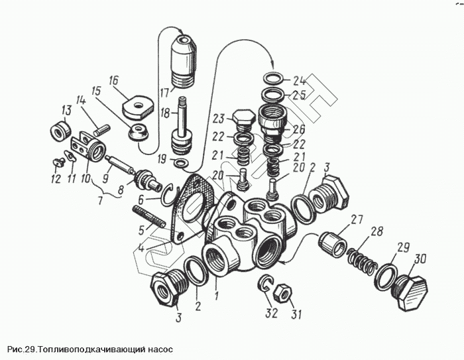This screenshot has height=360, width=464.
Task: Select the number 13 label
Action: click(66, 109)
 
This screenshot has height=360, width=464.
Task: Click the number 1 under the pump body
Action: click(215, 290)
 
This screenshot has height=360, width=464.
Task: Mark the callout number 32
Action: click(270, 314)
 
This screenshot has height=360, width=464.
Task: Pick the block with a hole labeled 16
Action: click(136, 103)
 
